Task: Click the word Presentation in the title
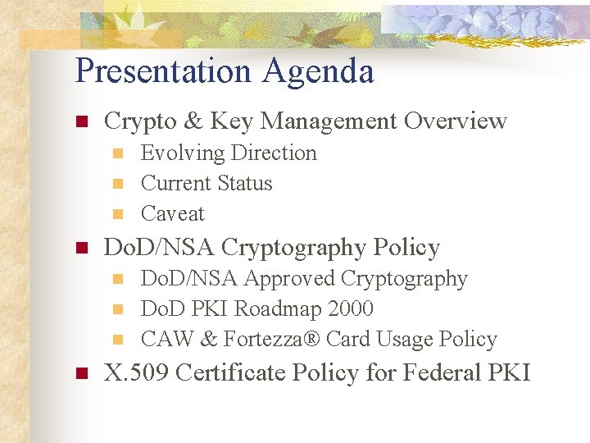click(164, 71)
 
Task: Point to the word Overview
click(456, 121)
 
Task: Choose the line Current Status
click(206, 183)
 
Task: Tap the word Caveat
click(173, 213)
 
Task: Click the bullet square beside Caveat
click(117, 214)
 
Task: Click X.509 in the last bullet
click(136, 373)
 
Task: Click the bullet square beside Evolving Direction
click(117, 153)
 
